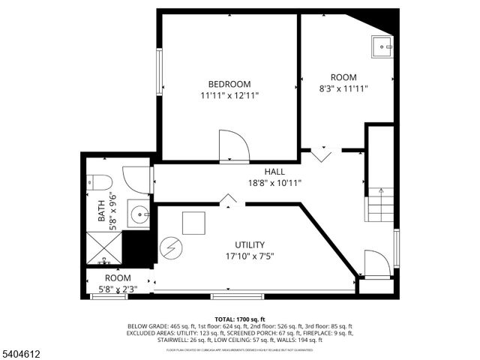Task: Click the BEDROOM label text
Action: tap(229, 84)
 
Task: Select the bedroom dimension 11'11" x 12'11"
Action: tap(229, 96)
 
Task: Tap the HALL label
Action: tap(274, 172)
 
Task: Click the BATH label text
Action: tap(101, 210)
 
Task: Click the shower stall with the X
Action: tap(103, 248)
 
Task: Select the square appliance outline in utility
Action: tap(194, 223)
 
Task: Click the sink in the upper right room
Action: tap(384, 46)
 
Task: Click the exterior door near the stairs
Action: tap(375, 263)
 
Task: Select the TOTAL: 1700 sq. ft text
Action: tap(240, 319)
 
